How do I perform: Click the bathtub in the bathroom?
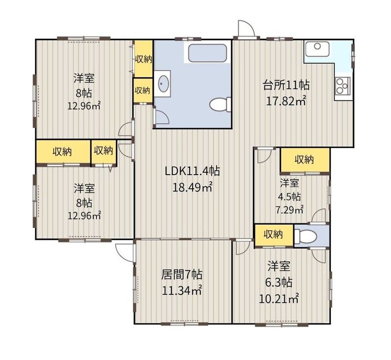(207, 53)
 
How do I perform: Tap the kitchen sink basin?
(317, 49)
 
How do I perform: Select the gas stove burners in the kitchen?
(343, 85)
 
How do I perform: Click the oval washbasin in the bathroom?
(163, 83)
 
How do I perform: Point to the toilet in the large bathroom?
(220, 104)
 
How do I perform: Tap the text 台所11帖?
(286, 85)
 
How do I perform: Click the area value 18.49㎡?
(192, 187)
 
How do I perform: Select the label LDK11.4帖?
(192, 171)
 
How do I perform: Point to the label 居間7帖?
(182, 275)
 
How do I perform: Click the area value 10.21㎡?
(279, 298)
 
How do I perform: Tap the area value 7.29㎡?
(289, 210)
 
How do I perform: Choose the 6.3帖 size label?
(279, 282)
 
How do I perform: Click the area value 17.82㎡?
(286, 101)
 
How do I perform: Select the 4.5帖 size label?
(289, 197)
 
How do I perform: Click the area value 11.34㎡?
(182, 291)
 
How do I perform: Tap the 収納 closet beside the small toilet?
(274, 235)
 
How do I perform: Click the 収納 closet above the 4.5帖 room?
(304, 160)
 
